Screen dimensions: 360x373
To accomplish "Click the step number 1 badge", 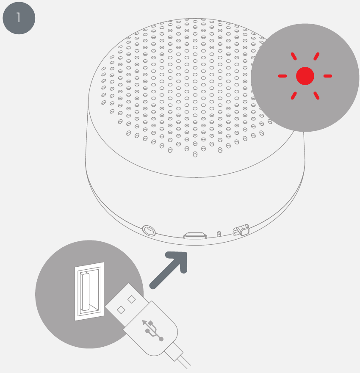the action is tap(19, 18).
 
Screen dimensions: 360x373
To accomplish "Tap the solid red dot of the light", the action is tap(305, 76).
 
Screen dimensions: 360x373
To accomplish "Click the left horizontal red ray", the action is tap(282, 76).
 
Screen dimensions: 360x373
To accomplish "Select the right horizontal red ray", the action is tap(328, 76).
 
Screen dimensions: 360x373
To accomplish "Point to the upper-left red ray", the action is tap(294, 56).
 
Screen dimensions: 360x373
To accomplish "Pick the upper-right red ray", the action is tap(316, 56).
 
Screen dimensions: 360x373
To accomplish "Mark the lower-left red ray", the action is tap(294, 95).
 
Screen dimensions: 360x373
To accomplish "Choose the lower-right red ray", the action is tap(316, 95).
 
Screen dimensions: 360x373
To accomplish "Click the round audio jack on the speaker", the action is tap(149, 230).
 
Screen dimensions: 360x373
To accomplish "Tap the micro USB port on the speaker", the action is tap(195, 235).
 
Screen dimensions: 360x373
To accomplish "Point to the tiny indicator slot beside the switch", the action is tap(219, 234).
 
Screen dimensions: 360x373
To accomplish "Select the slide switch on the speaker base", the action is tap(241, 230).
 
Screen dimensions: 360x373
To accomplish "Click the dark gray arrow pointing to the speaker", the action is tap(169, 270).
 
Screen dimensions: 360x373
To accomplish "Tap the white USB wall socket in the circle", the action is tap(89, 291).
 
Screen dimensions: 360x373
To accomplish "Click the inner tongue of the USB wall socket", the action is tap(85, 291).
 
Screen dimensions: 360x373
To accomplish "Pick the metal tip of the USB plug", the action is tap(127, 304).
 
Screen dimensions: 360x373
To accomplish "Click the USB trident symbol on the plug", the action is tap(152, 330).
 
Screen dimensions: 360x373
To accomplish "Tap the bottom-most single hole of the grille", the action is tap(195, 155).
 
